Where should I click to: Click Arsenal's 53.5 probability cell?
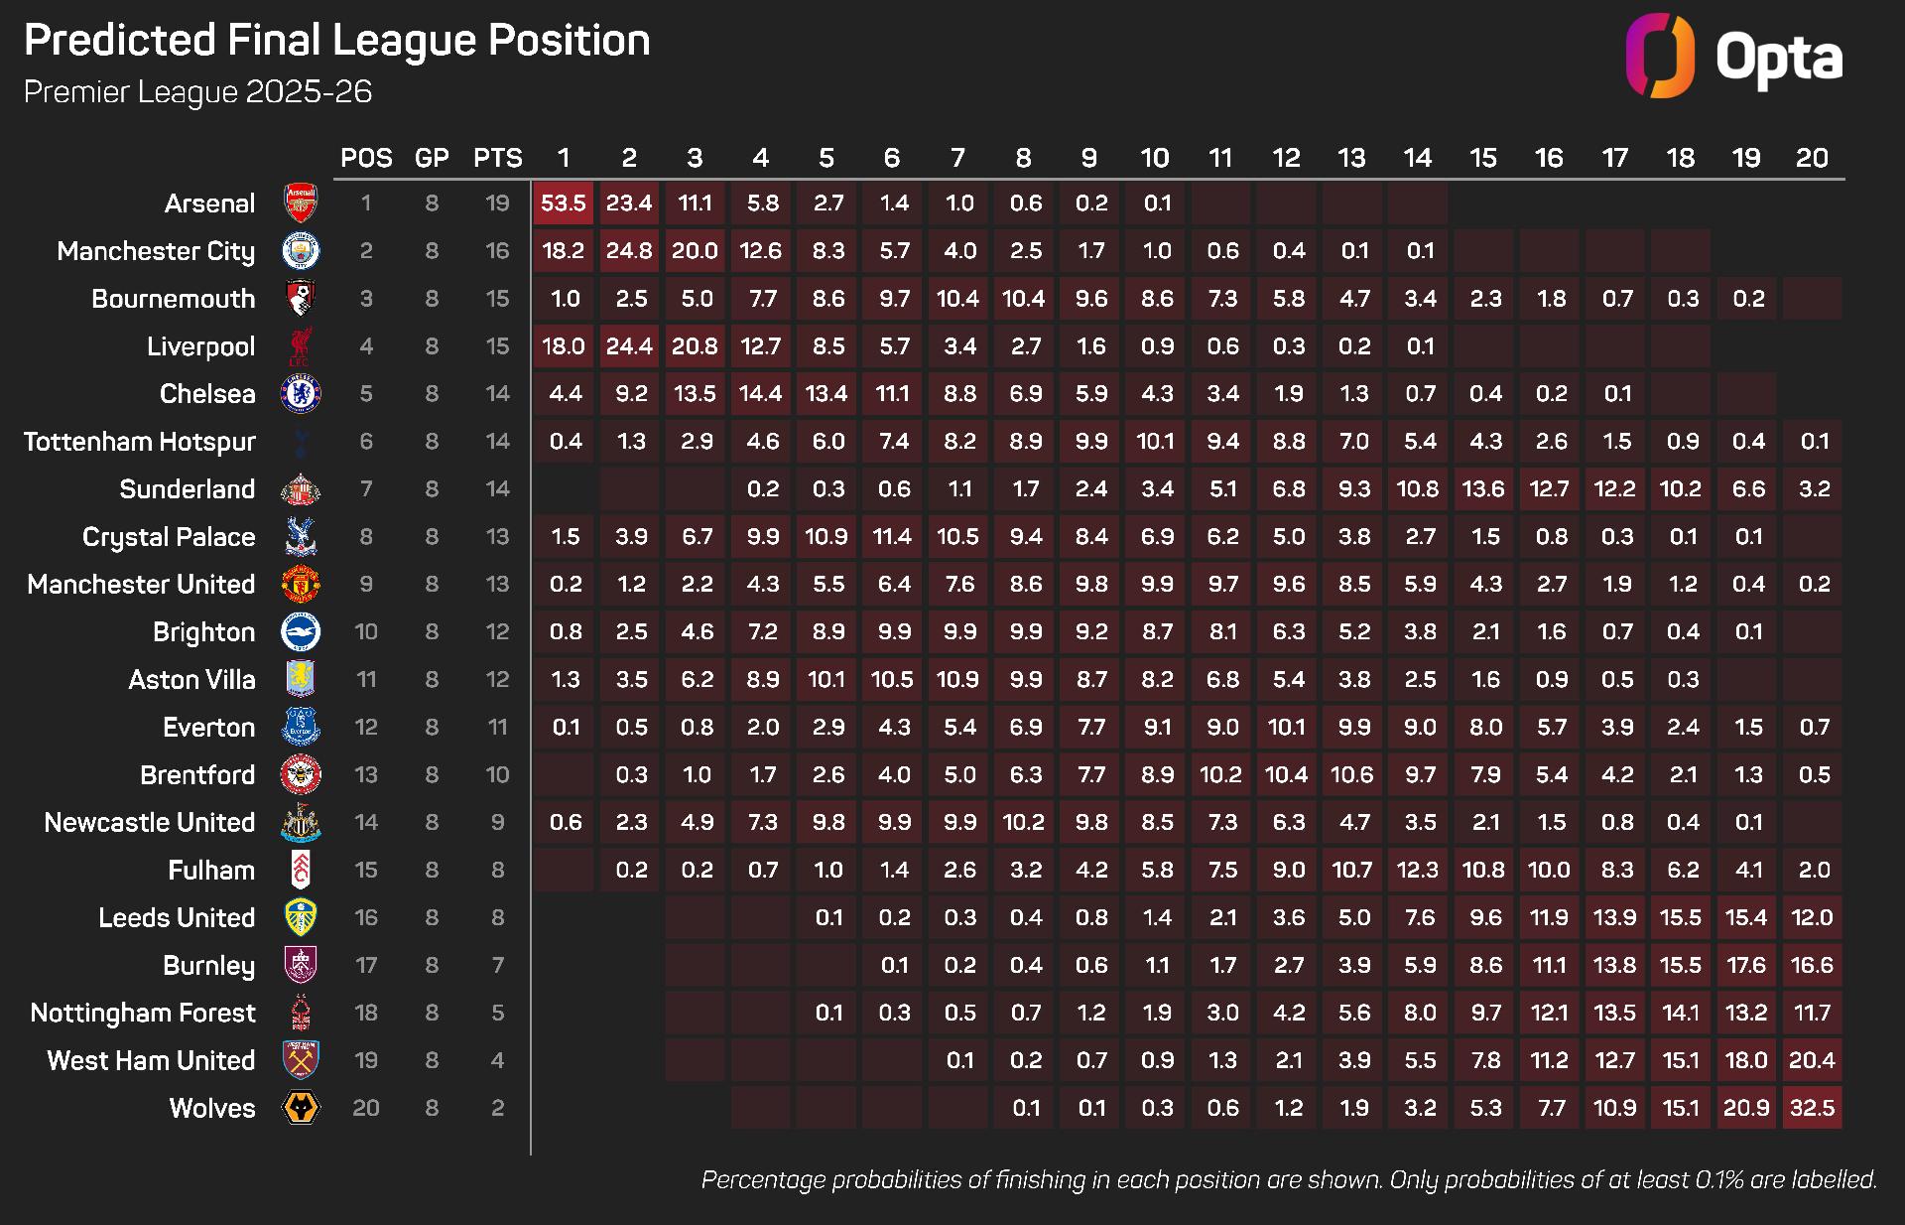click(563, 204)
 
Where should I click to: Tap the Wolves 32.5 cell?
click(1812, 1108)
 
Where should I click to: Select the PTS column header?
click(497, 158)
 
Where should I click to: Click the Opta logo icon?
click(1660, 56)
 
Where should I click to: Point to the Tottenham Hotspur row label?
click(140, 442)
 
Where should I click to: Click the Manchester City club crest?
click(301, 251)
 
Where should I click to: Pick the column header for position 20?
click(1812, 158)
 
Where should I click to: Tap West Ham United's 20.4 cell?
click(1812, 1060)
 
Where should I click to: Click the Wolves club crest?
click(301, 1108)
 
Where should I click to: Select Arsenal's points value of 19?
click(497, 204)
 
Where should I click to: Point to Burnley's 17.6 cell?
click(1746, 965)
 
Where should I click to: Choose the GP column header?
click(432, 158)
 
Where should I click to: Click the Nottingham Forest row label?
click(143, 1013)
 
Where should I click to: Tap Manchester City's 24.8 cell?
click(629, 251)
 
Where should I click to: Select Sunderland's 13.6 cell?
click(1483, 489)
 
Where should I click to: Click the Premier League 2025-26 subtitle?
click(197, 92)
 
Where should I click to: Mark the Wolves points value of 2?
click(497, 1108)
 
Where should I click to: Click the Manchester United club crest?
click(301, 585)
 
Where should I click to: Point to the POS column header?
click(366, 158)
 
